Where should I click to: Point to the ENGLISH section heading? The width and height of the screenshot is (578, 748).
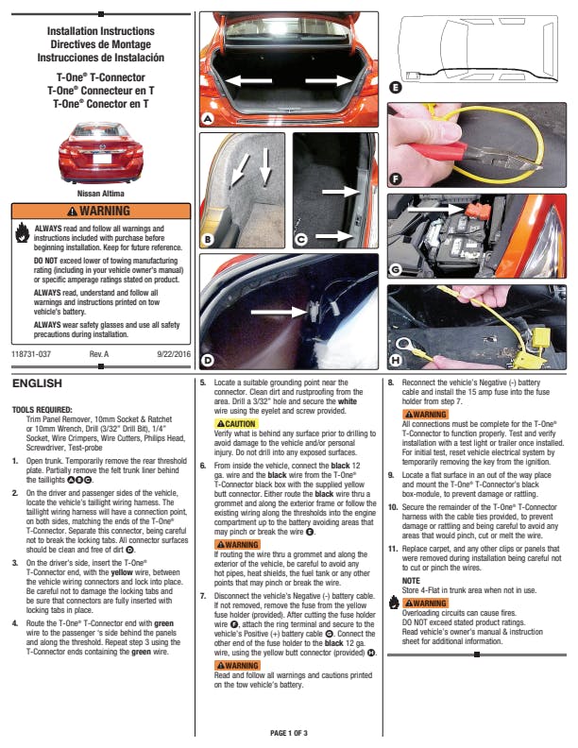pyautogui.click(x=37, y=383)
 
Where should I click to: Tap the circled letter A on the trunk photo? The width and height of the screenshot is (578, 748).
pyautogui.click(x=208, y=118)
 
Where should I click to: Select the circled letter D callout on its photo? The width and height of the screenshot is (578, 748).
pyautogui.click(x=208, y=359)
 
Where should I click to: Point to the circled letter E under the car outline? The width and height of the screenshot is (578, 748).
pyautogui.click(x=395, y=88)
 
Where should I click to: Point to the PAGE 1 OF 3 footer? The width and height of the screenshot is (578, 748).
pyautogui.click(x=289, y=733)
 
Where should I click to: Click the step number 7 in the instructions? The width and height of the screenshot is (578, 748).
pyautogui.click(x=203, y=598)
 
